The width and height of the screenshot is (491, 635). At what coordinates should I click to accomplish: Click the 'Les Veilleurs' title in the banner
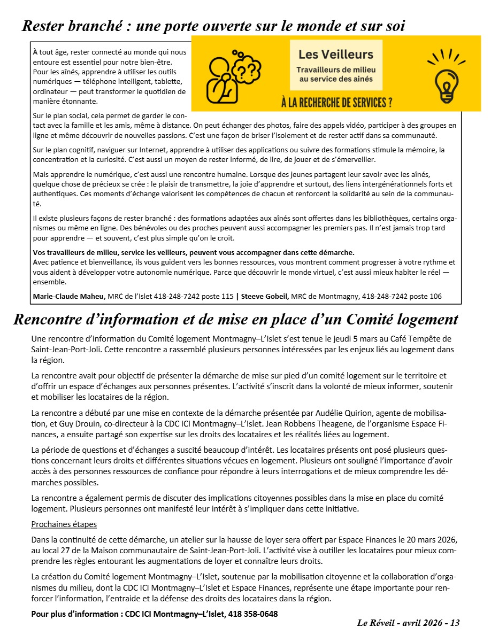(336, 54)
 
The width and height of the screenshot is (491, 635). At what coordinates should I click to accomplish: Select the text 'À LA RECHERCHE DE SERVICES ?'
(336, 102)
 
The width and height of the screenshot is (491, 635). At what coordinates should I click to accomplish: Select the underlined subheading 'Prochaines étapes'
(64, 524)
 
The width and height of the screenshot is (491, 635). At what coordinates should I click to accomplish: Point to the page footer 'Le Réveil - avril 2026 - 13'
(409, 623)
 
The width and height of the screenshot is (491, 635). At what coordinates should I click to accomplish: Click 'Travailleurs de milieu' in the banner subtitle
(336, 70)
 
